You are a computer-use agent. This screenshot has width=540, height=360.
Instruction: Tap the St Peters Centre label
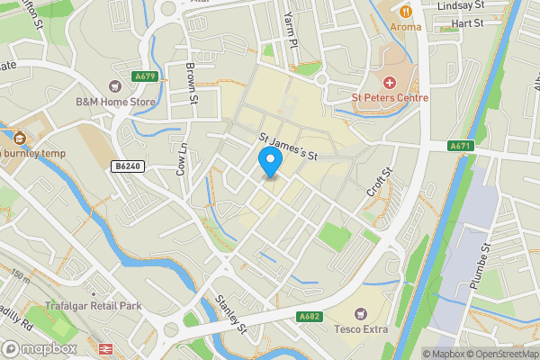point(390,97)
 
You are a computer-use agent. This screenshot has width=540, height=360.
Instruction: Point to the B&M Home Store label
point(115,102)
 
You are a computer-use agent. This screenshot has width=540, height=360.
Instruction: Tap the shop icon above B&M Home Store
point(115,86)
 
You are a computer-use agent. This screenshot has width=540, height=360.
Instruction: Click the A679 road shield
point(145,76)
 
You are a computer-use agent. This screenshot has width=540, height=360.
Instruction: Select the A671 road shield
point(461,146)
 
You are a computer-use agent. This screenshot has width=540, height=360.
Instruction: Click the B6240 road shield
point(128,166)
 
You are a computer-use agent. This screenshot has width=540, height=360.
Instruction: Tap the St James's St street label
point(290,147)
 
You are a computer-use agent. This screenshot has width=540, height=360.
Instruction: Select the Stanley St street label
point(231,311)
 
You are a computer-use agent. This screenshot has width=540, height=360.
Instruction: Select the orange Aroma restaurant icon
point(406,12)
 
